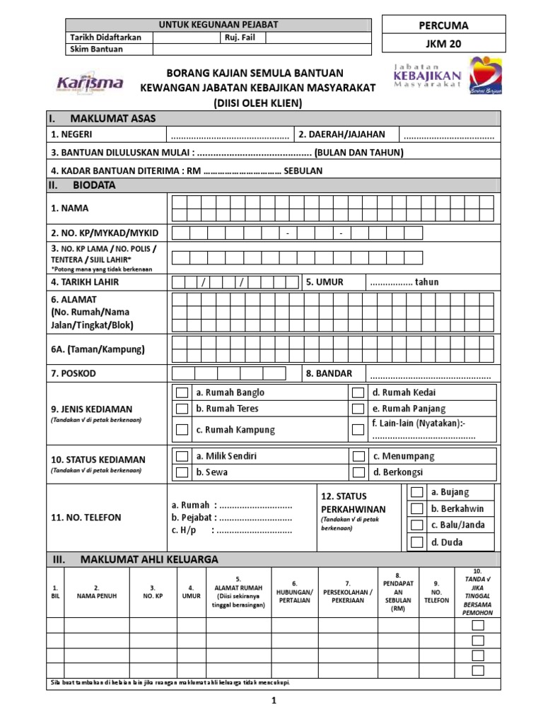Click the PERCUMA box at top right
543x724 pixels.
point(444,25)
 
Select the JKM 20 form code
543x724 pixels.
point(444,43)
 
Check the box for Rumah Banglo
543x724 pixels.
point(182,392)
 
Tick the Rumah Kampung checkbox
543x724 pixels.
point(182,429)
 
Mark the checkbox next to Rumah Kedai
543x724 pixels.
point(358,392)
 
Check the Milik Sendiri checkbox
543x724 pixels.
point(182,456)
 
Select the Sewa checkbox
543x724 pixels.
point(182,472)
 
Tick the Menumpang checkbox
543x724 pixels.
point(358,456)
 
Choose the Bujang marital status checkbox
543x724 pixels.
point(417,492)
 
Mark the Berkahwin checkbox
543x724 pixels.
point(417,508)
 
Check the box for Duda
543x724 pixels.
point(417,542)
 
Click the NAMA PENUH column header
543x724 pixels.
point(97,595)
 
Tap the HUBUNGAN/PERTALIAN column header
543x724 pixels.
point(296,595)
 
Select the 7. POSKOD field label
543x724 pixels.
point(74,373)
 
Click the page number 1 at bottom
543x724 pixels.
point(272,700)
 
